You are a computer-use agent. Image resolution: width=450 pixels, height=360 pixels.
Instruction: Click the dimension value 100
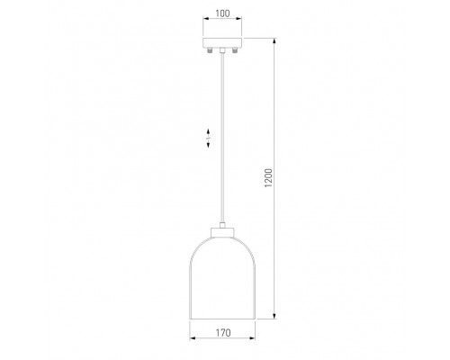tap(222, 13)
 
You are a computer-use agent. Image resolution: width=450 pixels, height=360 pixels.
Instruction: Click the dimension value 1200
tap(268, 178)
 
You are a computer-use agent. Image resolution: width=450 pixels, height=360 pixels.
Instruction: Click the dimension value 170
tap(223, 333)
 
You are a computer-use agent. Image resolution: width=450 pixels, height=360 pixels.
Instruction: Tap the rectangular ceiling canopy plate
tap(222, 42)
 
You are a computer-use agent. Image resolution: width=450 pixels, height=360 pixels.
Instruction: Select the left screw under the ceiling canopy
tap(210, 50)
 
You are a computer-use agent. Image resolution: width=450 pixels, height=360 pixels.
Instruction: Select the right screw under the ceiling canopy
tap(235, 50)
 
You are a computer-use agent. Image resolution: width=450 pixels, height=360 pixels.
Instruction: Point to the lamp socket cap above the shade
tap(222, 232)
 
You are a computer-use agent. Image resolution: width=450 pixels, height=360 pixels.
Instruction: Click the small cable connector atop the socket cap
tap(222, 225)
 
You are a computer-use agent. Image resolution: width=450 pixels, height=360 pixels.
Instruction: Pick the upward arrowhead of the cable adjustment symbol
tap(208, 131)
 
